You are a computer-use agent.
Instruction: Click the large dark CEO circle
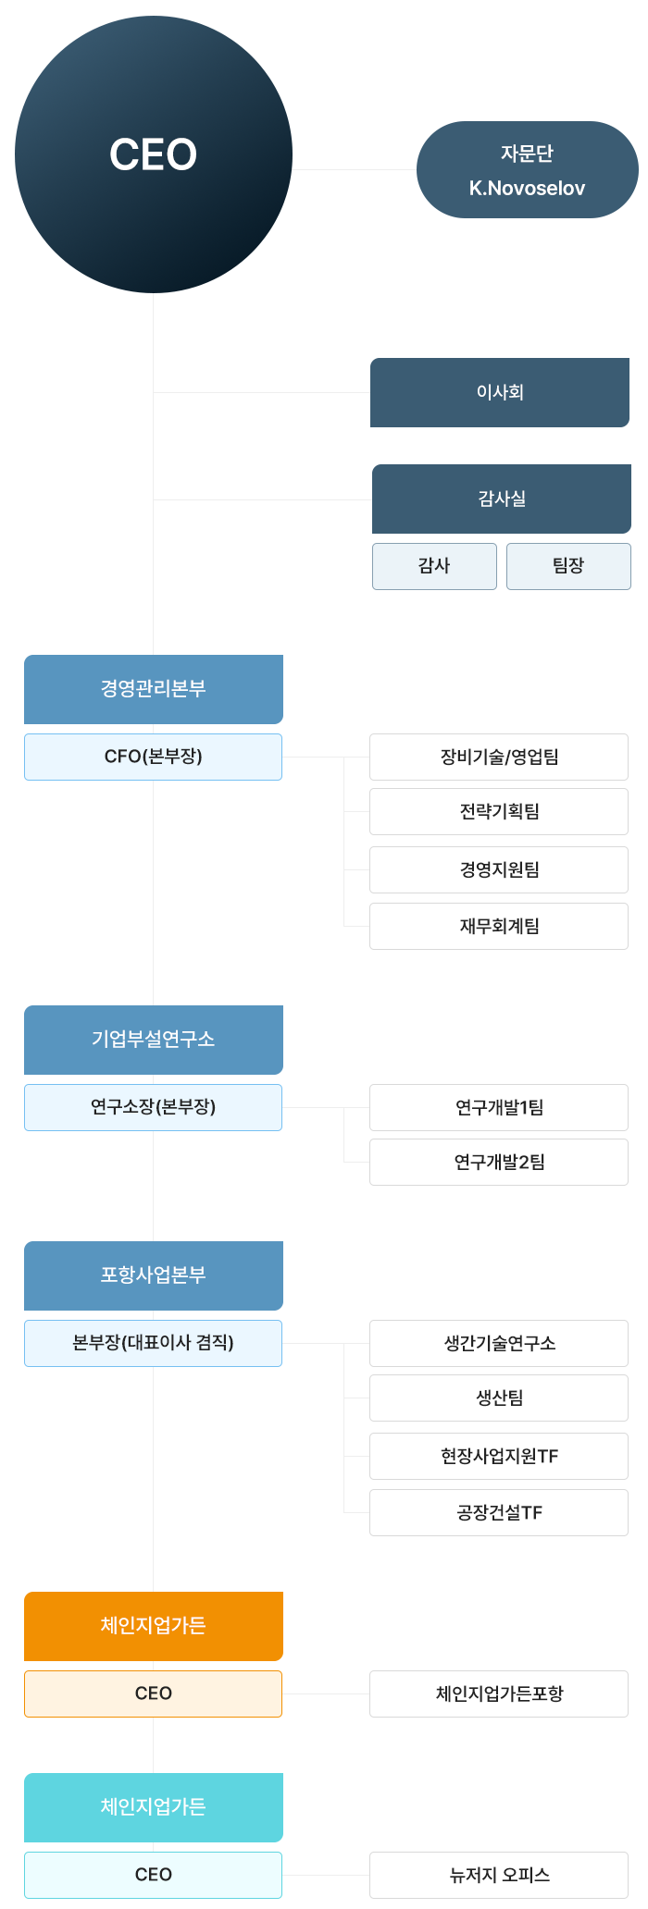(154, 154)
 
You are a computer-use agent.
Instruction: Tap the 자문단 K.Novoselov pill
(527, 170)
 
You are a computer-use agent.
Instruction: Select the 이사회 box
(500, 392)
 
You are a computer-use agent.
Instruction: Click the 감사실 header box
(501, 499)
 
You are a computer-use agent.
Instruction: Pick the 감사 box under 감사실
(434, 566)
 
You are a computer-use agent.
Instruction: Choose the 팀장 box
(568, 566)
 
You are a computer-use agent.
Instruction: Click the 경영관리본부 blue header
(154, 689)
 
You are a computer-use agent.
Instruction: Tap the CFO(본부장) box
(154, 757)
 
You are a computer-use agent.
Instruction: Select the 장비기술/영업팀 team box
(499, 757)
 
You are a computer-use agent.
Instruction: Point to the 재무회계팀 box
(499, 926)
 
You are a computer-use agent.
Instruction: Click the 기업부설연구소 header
(154, 1040)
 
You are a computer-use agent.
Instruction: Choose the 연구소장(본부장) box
(154, 1107)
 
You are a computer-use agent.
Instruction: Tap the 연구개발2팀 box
(499, 1162)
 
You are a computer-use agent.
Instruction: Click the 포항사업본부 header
(154, 1275)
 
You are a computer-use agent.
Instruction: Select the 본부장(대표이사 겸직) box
(154, 1343)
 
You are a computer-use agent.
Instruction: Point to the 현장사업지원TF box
(499, 1456)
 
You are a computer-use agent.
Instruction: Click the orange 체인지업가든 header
(154, 1626)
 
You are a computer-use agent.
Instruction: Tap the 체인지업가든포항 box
(499, 1693)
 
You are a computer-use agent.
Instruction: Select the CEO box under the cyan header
(154, 1875)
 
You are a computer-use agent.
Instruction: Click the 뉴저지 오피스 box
(499, 1875)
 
